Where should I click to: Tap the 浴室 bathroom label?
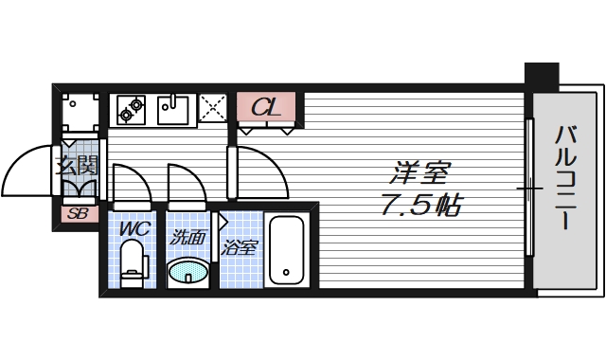pos(241,249)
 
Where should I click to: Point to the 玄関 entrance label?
pos(78,165)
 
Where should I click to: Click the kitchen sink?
pos(174,109)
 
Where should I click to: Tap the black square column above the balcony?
pos(543,75)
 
